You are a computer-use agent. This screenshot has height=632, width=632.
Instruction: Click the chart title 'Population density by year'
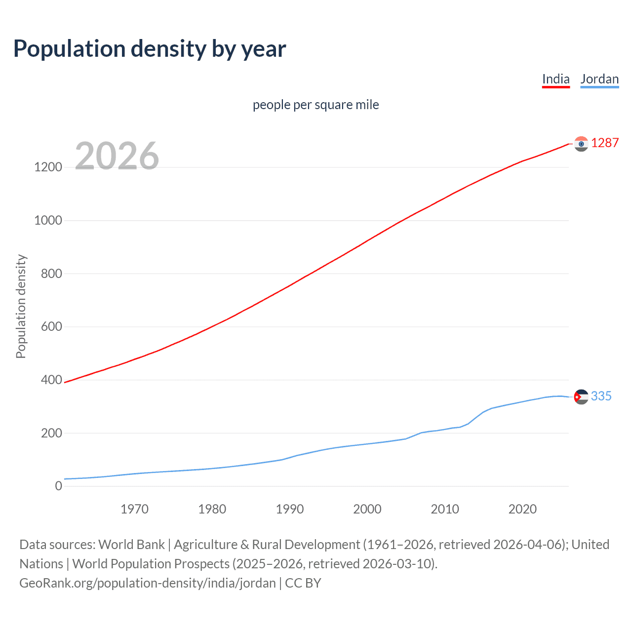(x=150, y=49)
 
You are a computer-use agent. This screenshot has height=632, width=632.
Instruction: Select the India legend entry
(x=555, y=79)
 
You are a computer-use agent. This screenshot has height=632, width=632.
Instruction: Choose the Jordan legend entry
(x=599, y=79)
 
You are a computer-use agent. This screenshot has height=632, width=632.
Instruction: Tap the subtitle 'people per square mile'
(x=316, y=105)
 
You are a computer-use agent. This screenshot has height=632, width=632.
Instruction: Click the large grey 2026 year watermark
(x=117, y=156)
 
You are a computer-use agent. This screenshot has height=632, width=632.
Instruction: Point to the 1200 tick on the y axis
(x=48, y=167)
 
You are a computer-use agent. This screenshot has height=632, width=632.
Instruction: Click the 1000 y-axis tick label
(x=48, y=221)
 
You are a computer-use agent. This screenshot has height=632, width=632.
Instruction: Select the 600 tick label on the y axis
(x=51, y=327)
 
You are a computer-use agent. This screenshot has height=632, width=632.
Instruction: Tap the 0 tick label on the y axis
(x=59, y=486)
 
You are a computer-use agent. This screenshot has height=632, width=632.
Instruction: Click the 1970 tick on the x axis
(x=134, y=509)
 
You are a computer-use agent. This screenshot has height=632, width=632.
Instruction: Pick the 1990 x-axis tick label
(x=290, y=509)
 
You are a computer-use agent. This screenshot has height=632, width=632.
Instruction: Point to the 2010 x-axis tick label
(x=445, y=509)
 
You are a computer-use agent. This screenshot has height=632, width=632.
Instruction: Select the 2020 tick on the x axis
(x=522, y=509)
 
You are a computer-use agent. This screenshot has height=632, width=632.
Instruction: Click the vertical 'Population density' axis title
(x=21, y=306)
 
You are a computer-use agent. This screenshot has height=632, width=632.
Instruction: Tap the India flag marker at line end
(x=581, y=144)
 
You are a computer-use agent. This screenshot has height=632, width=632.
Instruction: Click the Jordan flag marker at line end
(x=581, y=397)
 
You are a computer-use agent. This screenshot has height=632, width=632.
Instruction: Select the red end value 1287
(x=605, y=143)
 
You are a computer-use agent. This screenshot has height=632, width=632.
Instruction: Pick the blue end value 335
(x=601, y=396)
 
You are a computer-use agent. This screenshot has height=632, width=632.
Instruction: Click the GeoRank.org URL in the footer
(x=148, y=583)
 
